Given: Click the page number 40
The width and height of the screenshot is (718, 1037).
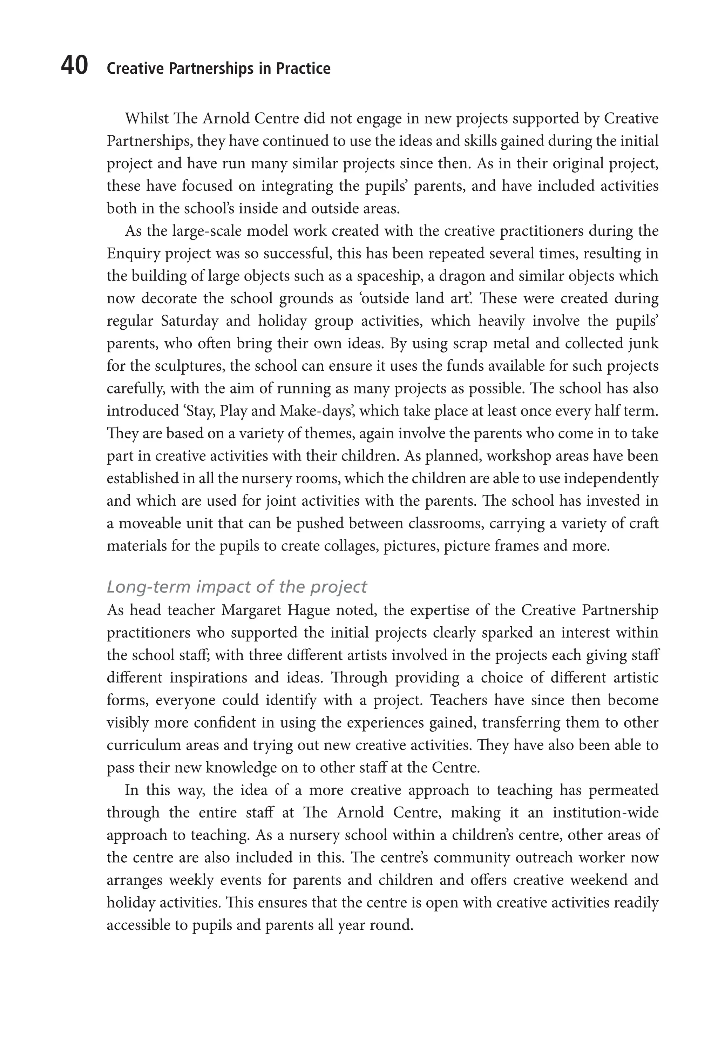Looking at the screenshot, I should [x=74, y=66].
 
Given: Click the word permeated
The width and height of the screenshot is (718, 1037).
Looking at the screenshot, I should [x=624, y=790].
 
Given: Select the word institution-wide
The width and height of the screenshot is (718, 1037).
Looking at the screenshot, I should [x=605, y=813].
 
